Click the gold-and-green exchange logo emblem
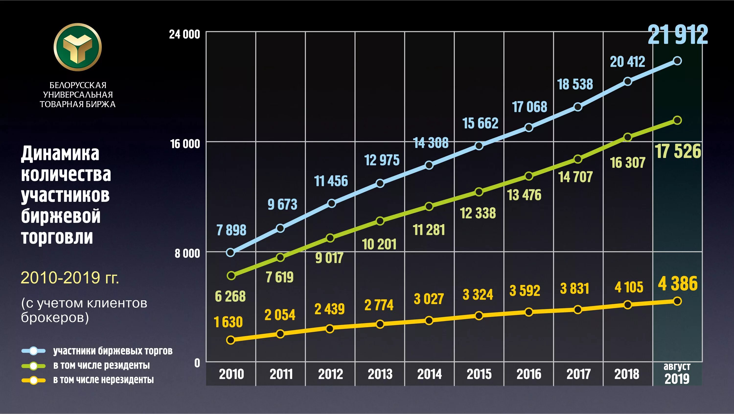78,47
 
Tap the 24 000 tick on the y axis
184,35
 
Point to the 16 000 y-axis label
185,144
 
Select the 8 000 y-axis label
187,253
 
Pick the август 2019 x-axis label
677,374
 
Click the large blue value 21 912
677,35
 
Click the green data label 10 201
379,244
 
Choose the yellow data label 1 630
228,322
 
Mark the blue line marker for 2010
230,253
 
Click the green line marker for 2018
628,137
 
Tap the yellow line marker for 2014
429,320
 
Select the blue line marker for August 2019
677,61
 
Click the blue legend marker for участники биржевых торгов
34,351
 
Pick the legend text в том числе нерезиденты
103,380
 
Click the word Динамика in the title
60,154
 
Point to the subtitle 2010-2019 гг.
70,278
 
